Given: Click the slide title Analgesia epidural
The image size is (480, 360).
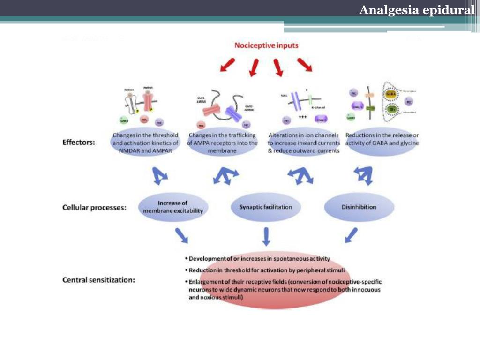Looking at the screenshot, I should [x=417, y=10].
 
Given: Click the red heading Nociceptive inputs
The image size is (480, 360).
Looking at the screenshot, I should [x=266, y=45].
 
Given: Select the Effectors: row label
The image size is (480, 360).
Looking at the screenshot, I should [x=79, y=142].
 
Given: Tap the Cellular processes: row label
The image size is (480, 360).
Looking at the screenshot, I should [x=94, y=207].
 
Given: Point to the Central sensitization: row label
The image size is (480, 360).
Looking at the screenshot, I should [x=99, y=280].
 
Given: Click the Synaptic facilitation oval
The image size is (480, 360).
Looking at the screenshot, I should [x=265, y=207].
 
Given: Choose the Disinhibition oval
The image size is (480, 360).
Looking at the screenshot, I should [x=359, y=207].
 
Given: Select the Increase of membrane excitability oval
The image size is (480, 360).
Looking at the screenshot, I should [x=173, y=207].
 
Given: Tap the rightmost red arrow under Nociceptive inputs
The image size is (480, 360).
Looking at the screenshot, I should [x=305, y=65].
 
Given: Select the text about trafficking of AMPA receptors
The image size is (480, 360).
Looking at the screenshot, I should [x=222, y=143].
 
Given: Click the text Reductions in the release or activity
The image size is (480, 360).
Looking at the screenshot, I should [x=382, y=139].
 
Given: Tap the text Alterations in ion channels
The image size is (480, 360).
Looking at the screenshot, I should [x=304, y=135].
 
